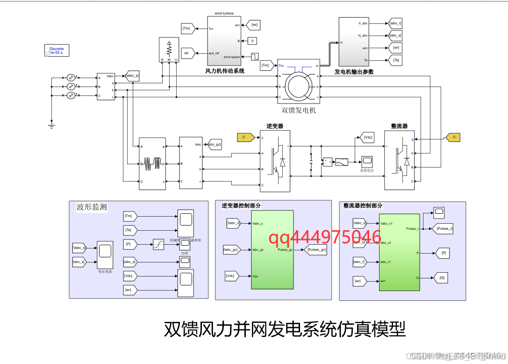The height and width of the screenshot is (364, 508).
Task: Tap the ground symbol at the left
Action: pos(51,124)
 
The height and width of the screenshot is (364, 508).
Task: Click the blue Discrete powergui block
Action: pos(56,51)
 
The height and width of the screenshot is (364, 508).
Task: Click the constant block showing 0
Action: pos(252,41)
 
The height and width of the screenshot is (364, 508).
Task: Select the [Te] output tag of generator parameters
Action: pos(395,60)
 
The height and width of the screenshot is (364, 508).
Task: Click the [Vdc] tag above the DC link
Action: pos(368,137)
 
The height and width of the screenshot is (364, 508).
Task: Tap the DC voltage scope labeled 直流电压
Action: pos(367,161)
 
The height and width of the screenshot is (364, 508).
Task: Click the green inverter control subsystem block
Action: pos(272,249)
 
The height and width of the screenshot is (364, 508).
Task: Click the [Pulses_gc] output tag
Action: pos(316,250)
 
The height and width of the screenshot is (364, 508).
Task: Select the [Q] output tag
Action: pos(442,277)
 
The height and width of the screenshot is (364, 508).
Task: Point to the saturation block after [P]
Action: pos(159,244)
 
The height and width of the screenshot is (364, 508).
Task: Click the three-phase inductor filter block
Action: pos(152,163)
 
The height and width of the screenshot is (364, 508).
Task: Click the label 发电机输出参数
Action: pos(354,72)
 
